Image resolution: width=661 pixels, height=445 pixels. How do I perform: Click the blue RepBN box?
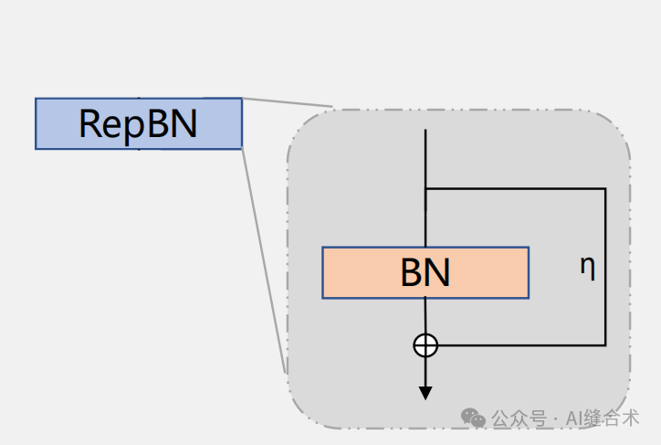(139, 123)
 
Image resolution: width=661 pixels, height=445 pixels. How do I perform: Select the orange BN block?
(425, 272)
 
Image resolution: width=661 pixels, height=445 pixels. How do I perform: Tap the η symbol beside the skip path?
(588, 267)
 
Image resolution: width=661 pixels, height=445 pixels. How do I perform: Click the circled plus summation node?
(425, 344)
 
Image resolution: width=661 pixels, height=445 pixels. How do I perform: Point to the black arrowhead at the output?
(425, 393)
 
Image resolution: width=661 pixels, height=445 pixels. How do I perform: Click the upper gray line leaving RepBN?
(288, 103)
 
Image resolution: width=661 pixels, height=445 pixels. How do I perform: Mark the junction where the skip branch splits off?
(425, 188)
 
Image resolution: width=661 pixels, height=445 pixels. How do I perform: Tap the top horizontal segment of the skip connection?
(516, 188)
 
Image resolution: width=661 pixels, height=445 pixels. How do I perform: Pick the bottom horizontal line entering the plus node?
(520, 344)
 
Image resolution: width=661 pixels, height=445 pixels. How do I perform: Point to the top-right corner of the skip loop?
(605, 188)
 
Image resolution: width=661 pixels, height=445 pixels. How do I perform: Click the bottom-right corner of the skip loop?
(605, 344)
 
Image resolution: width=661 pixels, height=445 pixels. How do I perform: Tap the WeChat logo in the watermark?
(473, 418)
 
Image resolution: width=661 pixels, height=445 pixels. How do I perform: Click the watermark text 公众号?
(519, 419)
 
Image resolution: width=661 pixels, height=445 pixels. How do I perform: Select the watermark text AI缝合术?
(602, 419)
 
